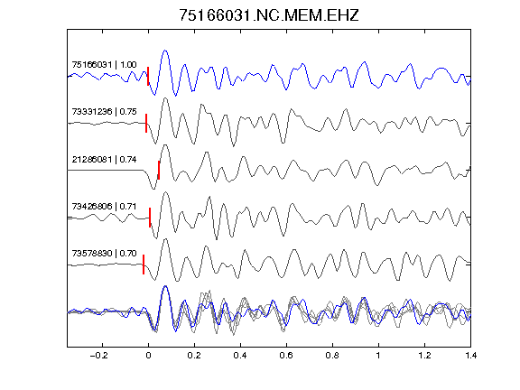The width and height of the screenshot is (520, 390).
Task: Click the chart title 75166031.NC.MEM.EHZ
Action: click(x=269, y=15)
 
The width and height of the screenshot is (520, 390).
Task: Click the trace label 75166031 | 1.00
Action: click(x=104, y=64)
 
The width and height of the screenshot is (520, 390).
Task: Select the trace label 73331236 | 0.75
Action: click(x=104, y=111)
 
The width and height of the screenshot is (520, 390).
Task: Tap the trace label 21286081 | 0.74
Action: click(x=104, y=160)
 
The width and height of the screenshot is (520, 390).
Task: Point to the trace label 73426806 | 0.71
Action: click(x=104, y=206)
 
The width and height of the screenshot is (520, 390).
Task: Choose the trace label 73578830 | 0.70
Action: click(x=104, y=254)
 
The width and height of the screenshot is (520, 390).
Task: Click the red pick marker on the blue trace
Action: click(x=148, y=76)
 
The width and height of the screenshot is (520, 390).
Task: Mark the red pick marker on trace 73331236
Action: click(x=146, y=124)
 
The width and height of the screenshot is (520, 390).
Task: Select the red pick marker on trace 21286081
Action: click(x=159, y=170)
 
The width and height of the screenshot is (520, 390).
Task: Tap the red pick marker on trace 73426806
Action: click(x=150, y=218)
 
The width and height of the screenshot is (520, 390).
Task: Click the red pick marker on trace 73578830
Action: click(x=144, y=265)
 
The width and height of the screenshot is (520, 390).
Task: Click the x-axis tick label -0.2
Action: click(x=99, y=356)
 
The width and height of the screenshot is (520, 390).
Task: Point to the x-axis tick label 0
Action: click(x=148, y=356)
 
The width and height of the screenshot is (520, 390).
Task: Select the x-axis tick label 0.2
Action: click(x=194, y=356)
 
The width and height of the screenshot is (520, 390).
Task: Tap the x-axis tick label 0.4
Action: click(x=240, y=356)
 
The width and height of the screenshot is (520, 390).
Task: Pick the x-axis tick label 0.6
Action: click(x=286, y=356)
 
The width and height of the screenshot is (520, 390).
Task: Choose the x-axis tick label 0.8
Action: click(x=332, y=356)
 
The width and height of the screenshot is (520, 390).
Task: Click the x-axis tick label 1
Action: click(x=378, y=356)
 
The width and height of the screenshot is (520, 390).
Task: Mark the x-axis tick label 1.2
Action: click(x=424, y=356)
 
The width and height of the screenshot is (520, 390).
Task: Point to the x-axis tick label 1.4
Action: click(x=470, y=356)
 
